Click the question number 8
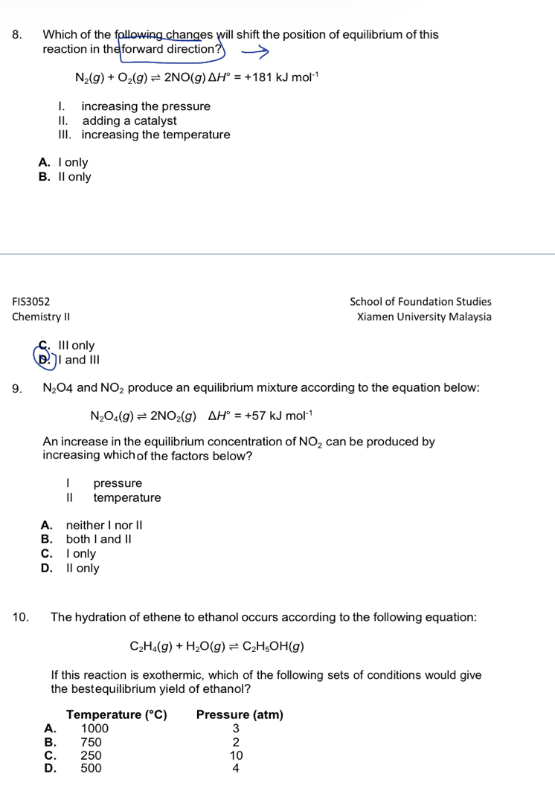click(x=17, y=35)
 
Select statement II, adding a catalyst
click(x=129, y=120)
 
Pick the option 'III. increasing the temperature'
click(x=155, y=135)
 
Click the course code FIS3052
click(x=31, y=302)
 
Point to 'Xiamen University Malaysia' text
click(x=424, y=316)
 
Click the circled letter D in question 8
click(x=45, y=360)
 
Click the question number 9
click(x=17, y=388)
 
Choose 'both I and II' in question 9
click(x=103, y=539)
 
